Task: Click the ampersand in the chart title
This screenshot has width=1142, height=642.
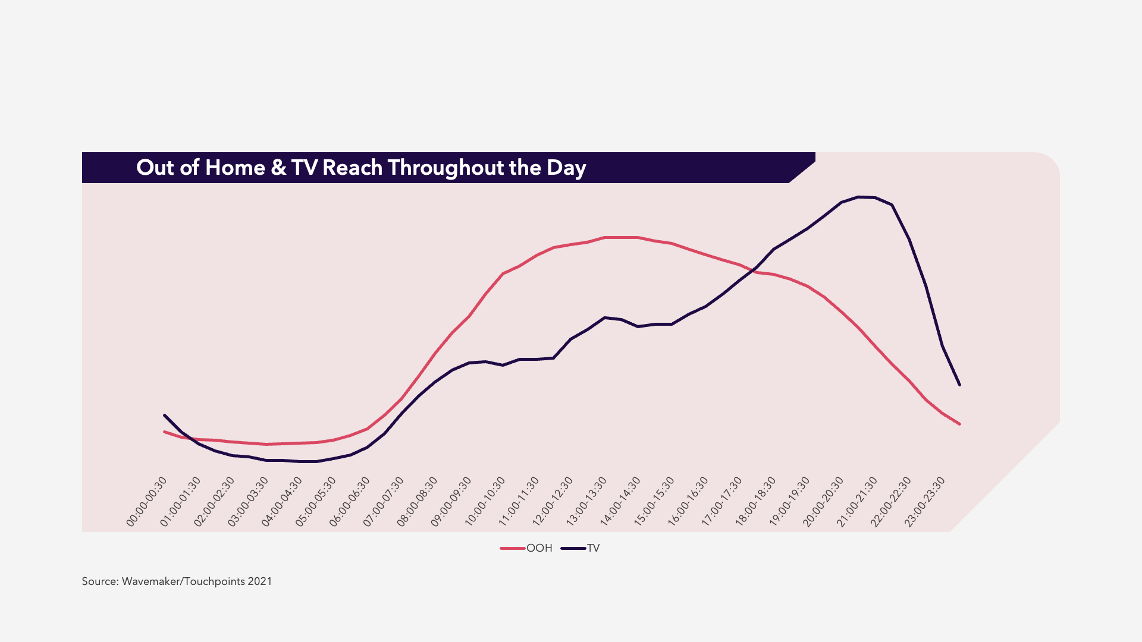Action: tap(278, 168)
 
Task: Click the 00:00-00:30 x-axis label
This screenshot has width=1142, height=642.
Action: tap(147, 502)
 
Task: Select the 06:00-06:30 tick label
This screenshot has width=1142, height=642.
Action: tap(350, 502)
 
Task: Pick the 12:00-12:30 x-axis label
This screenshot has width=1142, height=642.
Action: tap(553, 502)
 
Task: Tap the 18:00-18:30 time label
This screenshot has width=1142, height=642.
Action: tap(756, 502)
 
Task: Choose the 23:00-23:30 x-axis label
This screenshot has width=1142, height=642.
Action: tap(925, 502)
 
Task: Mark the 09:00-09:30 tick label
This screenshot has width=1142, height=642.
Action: tap(451, 502)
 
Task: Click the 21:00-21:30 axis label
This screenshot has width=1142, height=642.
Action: tap(857, 502)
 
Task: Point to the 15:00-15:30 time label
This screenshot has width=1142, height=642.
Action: tap(654, 502)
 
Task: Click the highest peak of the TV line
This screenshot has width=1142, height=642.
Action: tap(858, 197)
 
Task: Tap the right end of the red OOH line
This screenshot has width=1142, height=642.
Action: tap(959, 424)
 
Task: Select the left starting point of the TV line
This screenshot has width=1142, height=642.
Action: tap(164, 415)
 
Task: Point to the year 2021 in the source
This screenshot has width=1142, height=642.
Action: tap(260, 581)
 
